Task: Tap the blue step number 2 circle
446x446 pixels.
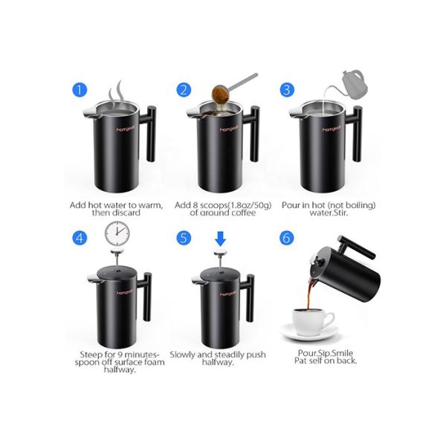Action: (x=184, y=90)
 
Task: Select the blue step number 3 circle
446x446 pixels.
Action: (x=287, y=90)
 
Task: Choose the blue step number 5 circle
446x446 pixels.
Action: (x=184, y=238)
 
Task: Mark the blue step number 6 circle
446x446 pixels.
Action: (x=287, y=238)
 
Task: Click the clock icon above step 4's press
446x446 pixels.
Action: (x=116, y=232)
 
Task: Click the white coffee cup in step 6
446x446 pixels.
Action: (x=311, y=322)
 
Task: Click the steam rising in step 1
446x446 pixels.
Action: (x=117, y=92)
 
